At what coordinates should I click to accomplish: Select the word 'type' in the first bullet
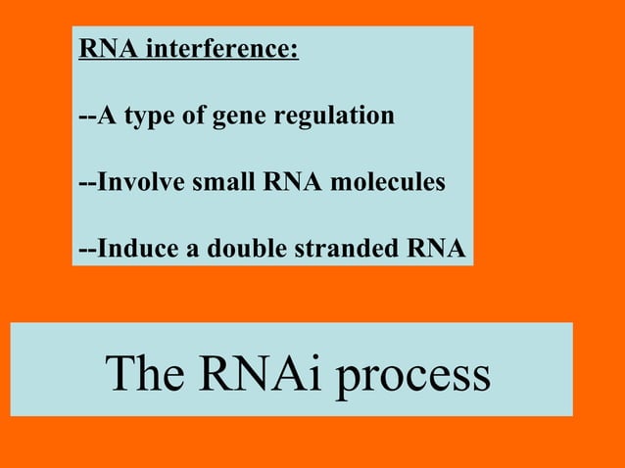point(148,117)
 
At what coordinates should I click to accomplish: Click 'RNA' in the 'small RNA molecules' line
point(291,182)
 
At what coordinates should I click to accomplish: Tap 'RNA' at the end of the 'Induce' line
point(436,249)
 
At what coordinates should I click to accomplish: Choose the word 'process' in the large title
point(412,375)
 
